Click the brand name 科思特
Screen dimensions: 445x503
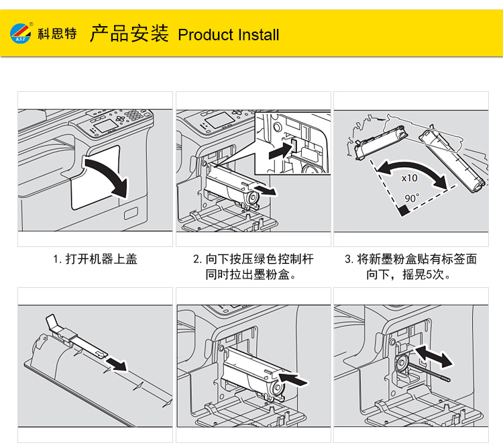(x=57, y=34)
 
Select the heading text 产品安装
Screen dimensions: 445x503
(x=129, y=34)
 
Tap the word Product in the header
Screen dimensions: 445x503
(x=205, y=35)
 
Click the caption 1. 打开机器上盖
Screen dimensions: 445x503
(x=95, y=258)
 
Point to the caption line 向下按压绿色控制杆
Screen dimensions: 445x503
(x=253, y=258)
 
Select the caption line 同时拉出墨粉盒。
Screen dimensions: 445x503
(x=253, y=275)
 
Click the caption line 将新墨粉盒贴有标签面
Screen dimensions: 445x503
(x=410, y=258)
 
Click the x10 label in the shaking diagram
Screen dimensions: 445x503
(x=409, y=179)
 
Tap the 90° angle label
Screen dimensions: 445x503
(x=412, y=199)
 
